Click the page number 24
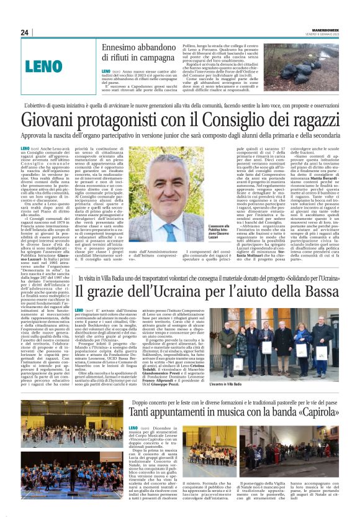point(24,32)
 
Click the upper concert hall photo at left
point(63,420)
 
